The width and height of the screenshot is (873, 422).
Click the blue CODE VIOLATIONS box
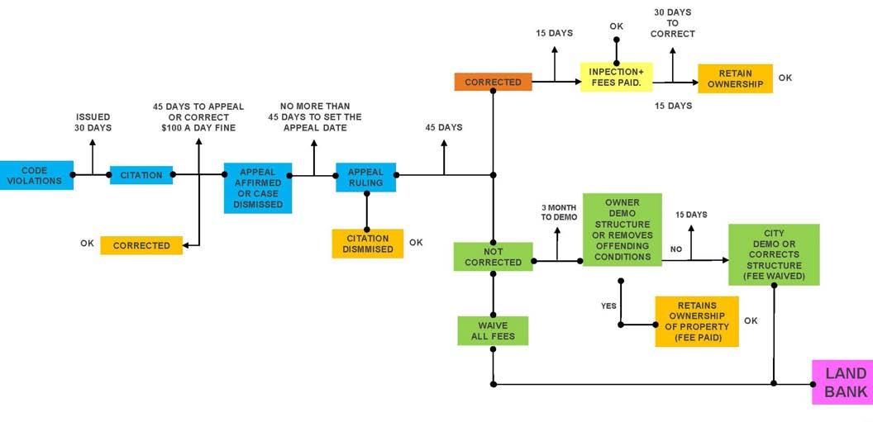[36, 175]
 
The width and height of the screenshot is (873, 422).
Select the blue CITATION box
[141, 174]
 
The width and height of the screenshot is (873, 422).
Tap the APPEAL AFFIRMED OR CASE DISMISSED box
[258, 188]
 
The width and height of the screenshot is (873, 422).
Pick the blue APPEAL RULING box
[365, 178]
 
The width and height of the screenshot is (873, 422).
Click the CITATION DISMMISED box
[367, 244]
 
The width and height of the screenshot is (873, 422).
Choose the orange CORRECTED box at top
[493, 82]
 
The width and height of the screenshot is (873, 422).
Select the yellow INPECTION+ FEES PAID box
[616, 77]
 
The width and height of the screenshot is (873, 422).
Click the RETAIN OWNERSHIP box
[735, 78]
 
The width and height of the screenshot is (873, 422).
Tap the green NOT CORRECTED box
[493, 256]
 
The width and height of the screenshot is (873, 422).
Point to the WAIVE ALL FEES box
[493, 330]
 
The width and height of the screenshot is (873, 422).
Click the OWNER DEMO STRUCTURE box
[623, 230]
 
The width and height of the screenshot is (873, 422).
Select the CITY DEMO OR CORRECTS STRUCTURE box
[774, 254]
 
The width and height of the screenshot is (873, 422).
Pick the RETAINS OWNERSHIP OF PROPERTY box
[696, 321]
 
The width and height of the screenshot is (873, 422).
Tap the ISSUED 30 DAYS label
[93, 122]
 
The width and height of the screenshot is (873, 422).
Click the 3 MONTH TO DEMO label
[559, 212]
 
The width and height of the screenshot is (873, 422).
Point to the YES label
[609, 306]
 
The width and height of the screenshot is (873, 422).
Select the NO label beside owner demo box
[676, 248]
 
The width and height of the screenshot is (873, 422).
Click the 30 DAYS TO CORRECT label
[672, 23]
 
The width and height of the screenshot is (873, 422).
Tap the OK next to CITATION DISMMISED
[416, 243]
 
